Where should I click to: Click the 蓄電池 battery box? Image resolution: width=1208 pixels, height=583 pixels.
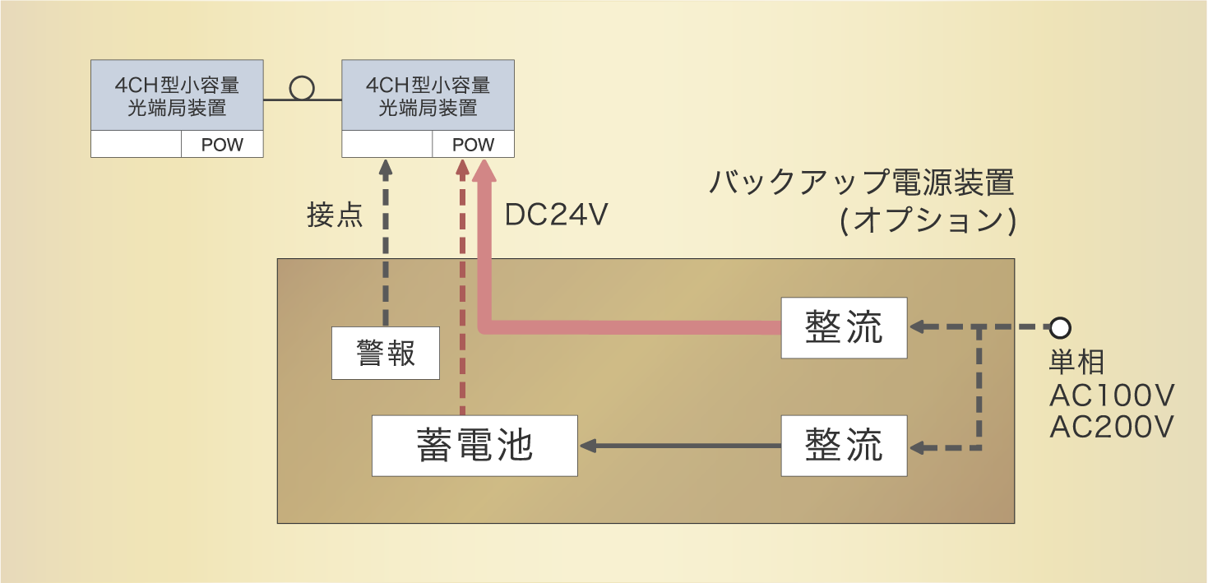click(x=474, y=446)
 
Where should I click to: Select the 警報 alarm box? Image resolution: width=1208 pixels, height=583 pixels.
click(x=385, y=353)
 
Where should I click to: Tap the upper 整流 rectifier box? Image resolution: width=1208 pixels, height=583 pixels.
click(x=844, y=328)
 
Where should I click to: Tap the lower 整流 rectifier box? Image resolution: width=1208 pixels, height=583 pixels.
click(x=844, y=446)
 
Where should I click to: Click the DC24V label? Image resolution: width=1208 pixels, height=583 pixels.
click(x=556, y=215)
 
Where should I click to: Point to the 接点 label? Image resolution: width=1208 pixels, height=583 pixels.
click(x=335, y=215)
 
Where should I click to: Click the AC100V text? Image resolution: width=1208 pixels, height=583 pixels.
click(x=1112, y=396)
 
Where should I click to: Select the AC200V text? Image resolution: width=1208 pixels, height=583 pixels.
click(x=1112, y=427)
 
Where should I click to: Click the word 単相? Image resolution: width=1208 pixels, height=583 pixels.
click(x=1076, y=363)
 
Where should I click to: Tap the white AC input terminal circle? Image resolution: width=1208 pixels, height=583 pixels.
click(x=1060, y=328)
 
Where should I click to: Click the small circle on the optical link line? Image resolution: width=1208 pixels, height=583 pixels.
click(x=302, y=88)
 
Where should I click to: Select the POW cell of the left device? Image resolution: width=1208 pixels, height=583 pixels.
click(x=222, y=145)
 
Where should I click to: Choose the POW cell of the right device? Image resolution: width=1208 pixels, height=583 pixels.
click(x=473, y=145)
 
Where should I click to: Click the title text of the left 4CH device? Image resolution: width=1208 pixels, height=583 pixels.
click(x=177, y=96)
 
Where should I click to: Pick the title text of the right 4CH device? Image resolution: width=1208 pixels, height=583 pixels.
click(x=428, y=96)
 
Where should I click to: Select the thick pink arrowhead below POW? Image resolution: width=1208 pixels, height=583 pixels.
click(x=484, y=171)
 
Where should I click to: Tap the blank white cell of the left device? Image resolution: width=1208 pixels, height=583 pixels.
click(x=136, y=145)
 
